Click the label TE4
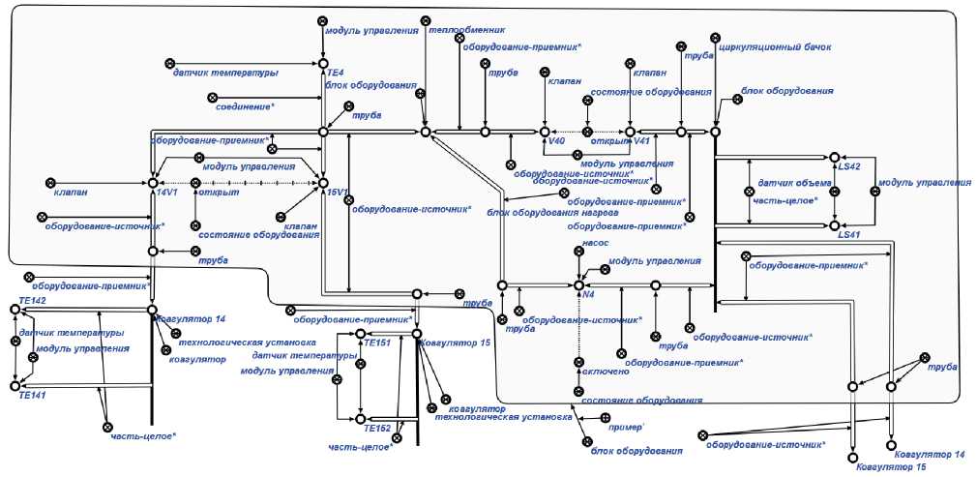(x=335, y=73)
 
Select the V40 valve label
(x=555, y=141)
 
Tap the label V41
(x=639, y=141)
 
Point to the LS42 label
(x=849, y=166)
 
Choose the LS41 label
(x=848, y=234)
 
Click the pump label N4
(x=588, y=294)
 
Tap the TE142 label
(x=33, y=302)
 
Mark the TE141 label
(x=33, y=394)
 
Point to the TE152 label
(x=377, y=428)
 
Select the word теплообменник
(x=467, y=30)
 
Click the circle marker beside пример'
(x=606, y=418)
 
